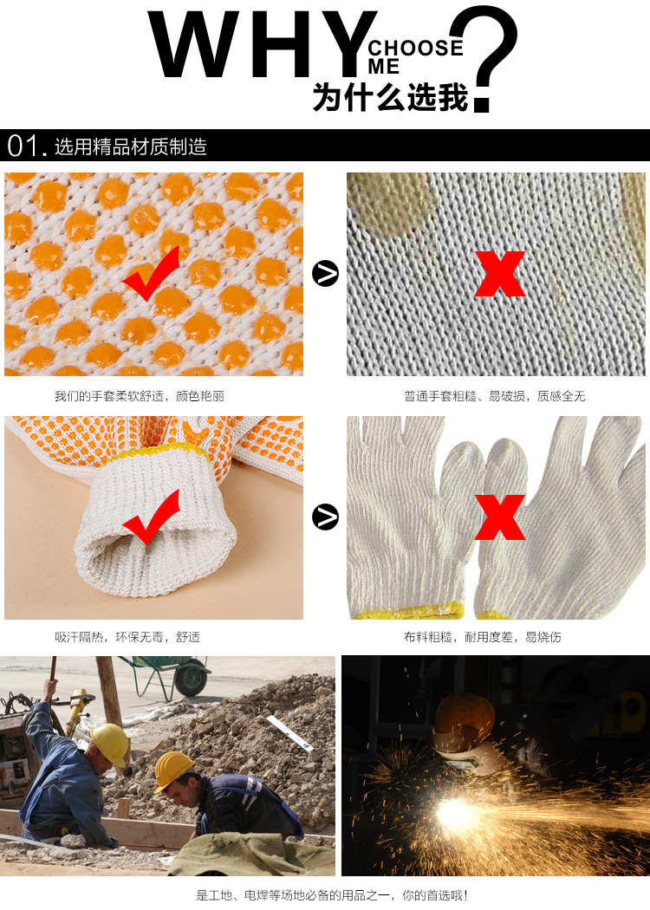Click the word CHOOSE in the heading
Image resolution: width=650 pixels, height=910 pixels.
[x=416, y=49]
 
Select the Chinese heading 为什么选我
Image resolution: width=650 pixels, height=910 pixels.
[x=390, y=97]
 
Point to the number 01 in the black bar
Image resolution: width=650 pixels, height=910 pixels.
[x=23, y=146]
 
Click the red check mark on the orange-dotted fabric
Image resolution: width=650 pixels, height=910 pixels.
[x=151, y=273]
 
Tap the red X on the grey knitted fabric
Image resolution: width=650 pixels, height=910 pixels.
[x=500, y=273]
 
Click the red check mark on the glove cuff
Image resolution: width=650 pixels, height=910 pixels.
[x=151, y=517]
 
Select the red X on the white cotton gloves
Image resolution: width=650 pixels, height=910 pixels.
[x=500, y=517]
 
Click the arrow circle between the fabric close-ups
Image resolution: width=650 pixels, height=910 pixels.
[x=325, y=273]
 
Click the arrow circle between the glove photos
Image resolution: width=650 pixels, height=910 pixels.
[x=325, y=517]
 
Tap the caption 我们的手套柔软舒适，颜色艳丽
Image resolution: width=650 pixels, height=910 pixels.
[x=140, y=396]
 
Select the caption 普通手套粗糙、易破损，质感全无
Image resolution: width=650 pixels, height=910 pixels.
[x=495, y=396]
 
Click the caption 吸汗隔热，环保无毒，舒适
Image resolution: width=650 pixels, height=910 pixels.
[x=127, y=637]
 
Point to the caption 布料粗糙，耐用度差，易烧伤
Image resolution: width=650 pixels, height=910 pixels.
[x=483, y=637]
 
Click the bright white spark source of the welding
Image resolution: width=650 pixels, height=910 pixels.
[x=452, y=813]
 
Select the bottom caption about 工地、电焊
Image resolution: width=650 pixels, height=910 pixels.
[x=331, y=895]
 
